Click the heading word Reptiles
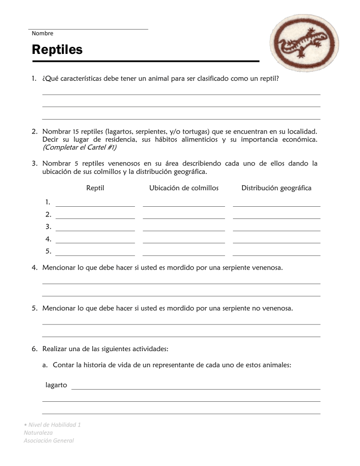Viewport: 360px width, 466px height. click(x=57, y=50)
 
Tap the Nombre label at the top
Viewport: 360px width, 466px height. click(x=42, y=33)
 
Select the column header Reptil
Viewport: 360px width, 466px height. click(x=95, y=188)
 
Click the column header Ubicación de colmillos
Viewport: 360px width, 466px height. click(x=184, y=188)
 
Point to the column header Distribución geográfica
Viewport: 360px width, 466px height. click(x=276, y=188)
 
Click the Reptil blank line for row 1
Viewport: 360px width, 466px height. click(x=95, y=206)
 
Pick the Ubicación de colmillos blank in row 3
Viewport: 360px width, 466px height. click(x=184, y=230)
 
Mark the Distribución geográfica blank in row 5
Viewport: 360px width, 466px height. click(x=276, y=255)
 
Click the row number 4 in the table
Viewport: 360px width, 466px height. click(x=48, y=239)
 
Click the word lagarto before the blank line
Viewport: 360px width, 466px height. click(x=56, y=385)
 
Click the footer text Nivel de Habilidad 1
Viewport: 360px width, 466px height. click(x=52, y=425)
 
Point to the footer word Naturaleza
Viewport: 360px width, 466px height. click(x=38, y=433)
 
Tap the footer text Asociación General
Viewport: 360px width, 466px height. click(x=49, y=441)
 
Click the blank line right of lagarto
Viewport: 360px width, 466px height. click(x=195, y=389)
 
